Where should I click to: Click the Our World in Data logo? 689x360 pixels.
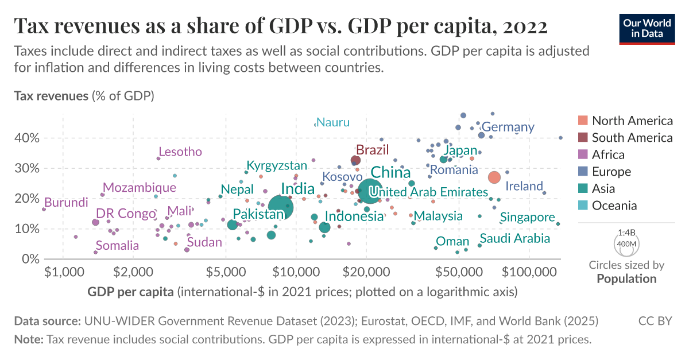click(646, 27)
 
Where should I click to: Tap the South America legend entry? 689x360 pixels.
click(632, 138)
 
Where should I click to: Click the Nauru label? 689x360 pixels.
click(332, 122)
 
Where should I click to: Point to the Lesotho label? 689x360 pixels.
click(180, 152)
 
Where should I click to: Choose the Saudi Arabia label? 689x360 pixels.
click(514, 239)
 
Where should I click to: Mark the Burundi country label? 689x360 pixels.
click(66, 202)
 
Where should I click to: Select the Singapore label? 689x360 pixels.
click(527, 218)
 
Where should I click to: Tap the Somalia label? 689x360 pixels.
click(117, 246)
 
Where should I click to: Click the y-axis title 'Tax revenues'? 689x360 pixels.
click(51, 95)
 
